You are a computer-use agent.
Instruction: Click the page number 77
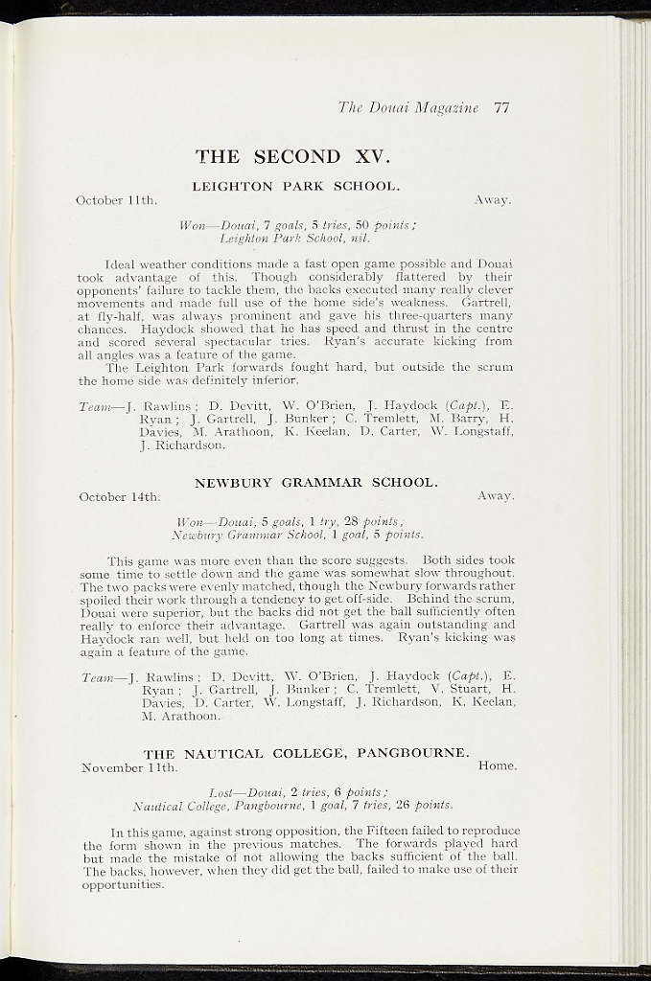coord(501,108)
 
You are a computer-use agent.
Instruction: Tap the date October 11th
coord(116,200)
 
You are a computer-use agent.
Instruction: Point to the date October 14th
coord(119,496)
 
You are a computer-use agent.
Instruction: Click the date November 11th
coord(129,767)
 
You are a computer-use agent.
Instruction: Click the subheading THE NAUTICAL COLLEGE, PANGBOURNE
coord(306,753)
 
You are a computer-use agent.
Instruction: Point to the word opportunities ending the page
coord(124,884)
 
